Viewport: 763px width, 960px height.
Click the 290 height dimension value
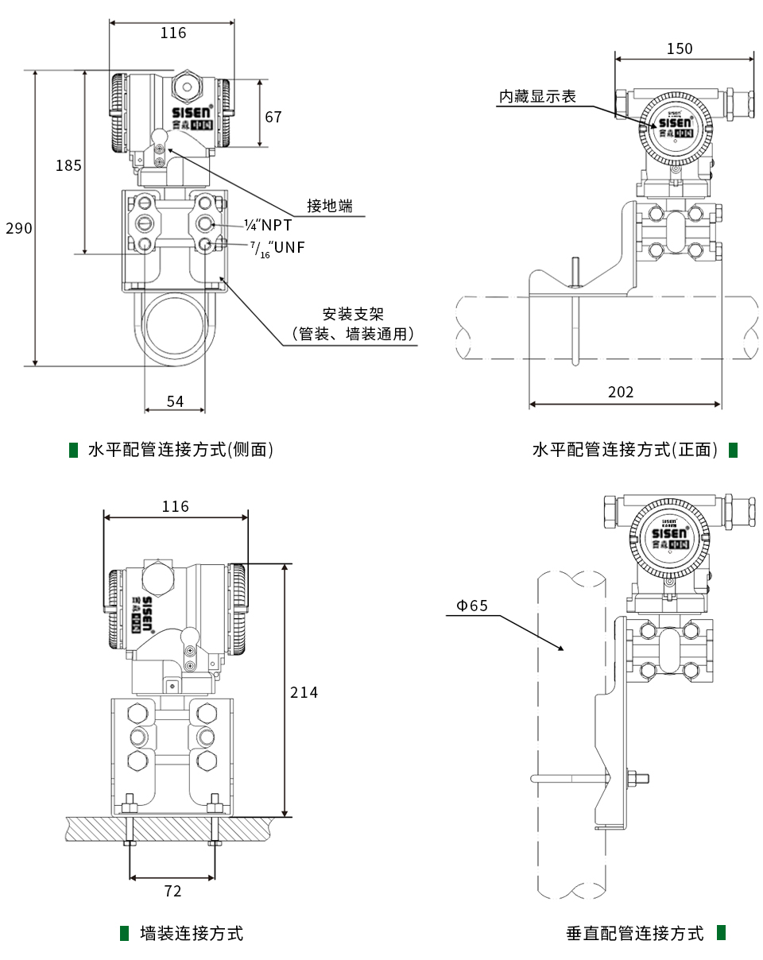click(x=19, y=229)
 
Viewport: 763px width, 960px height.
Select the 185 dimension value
click(x=68, y=165)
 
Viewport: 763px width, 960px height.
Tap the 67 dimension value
click(x=273, y=117)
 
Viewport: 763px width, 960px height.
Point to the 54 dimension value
click(x=175, y=401)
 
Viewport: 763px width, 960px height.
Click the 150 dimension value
click(x=680, y=48)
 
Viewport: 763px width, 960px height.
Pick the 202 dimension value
click(x=621, y=392)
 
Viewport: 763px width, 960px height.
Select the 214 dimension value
click(x=304, y=692)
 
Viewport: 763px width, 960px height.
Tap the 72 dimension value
click(x=172, y=891)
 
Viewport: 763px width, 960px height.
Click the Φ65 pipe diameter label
click(x=471, y=606)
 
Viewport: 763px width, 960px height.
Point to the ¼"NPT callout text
click(x=269, y=225)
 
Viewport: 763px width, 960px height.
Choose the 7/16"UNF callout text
click(x=278, y=248)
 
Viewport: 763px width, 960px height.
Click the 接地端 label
click(x=330, y=206)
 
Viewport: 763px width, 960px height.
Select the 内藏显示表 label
click(x=537, y=96)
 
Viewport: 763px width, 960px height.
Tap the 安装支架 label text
click(x=353, y=315)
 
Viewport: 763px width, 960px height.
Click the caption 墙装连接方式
click(x=192, y=933)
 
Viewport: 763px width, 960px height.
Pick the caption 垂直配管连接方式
click(x=635, y=933)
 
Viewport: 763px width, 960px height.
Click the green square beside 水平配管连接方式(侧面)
click(x=73, y=450)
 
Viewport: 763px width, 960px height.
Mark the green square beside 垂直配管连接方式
click(x=722, y=932)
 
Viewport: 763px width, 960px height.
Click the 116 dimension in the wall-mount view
click(x=176, y=506)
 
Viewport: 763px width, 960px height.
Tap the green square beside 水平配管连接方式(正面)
click(x=733, y=450)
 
